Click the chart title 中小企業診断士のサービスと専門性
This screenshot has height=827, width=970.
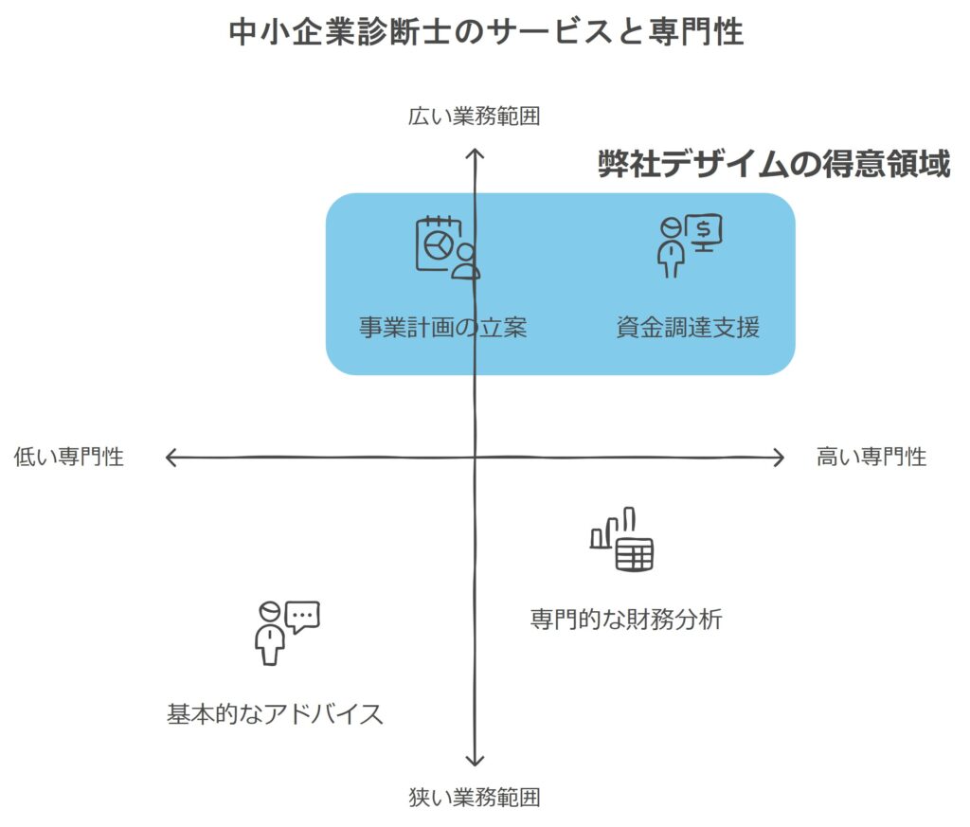click(486, 31)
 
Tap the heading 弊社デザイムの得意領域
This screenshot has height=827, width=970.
click(773, 165)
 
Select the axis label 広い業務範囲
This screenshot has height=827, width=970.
click(474, 117)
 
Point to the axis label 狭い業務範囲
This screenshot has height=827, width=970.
click(475, 798)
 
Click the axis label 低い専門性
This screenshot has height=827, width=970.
click(69, 458)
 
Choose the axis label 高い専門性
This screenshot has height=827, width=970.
click(871, 458)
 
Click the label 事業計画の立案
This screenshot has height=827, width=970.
click(442, 328)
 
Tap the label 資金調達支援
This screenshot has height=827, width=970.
click(687, 328)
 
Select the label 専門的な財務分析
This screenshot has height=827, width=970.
click(626, 620)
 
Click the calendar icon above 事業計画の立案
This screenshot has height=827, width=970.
click(438, 243)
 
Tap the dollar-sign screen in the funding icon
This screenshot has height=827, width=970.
click(705, 229)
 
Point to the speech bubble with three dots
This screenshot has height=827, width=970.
click(302, 618)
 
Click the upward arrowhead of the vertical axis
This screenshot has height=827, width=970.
click(475, 153)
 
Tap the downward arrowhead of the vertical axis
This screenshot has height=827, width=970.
click(475, 761)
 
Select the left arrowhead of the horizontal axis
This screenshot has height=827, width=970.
click(171, 458)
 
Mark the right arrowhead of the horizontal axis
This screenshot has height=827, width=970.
click(779, 458)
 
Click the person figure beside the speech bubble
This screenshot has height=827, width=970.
click(269, 634)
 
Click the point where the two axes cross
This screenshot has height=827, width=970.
click(475, 458)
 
